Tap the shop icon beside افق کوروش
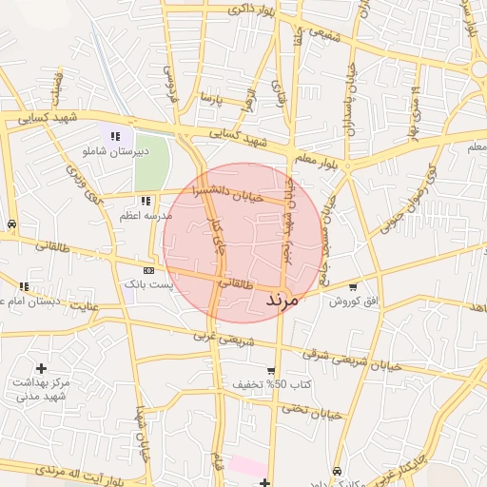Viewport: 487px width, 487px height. (x=354, y=286)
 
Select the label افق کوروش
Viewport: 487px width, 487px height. (x=354, y=302)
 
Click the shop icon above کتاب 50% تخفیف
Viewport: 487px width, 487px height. (x=271, y=371)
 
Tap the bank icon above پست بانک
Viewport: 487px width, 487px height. (x=147, y=270)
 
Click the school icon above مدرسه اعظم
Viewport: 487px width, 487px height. (x=145, y=201)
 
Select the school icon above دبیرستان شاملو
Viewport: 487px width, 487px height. (x=115, y=137)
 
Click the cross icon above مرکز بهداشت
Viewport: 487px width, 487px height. (x=40, y=368)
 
